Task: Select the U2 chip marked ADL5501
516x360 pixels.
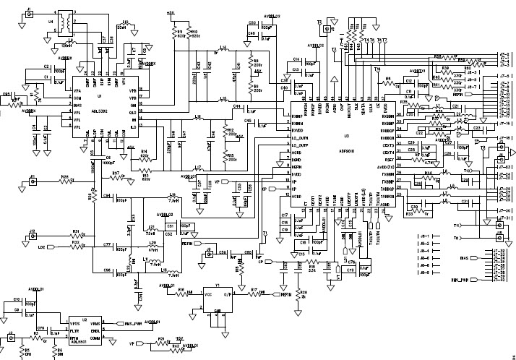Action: click(85, 330)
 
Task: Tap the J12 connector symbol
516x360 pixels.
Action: click(33, 237)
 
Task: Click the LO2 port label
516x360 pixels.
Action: click(42, 247)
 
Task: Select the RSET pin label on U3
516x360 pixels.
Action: click(388, 160)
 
